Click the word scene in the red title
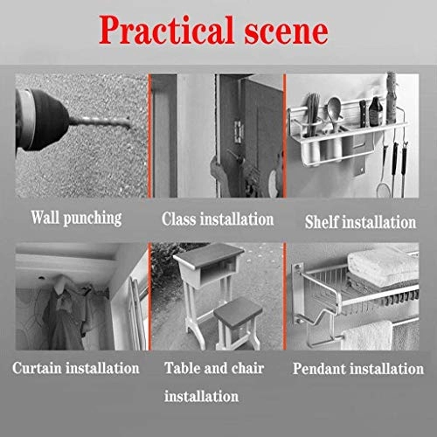coord(286,32)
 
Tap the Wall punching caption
coord(76,218)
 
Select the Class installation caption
coord(218,219)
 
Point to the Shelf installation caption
coord(360,222)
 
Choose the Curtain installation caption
coord(76,368)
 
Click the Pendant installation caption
coord(358,369)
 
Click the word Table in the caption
coord(182,368)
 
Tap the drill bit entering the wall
coord(100,121)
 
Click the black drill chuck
coord(46,120)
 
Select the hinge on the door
coord(239,132)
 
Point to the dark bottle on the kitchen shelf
coord(376,111)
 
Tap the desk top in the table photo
coord(209,255)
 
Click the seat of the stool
coord(239,312)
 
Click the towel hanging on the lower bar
coord(367,335)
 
